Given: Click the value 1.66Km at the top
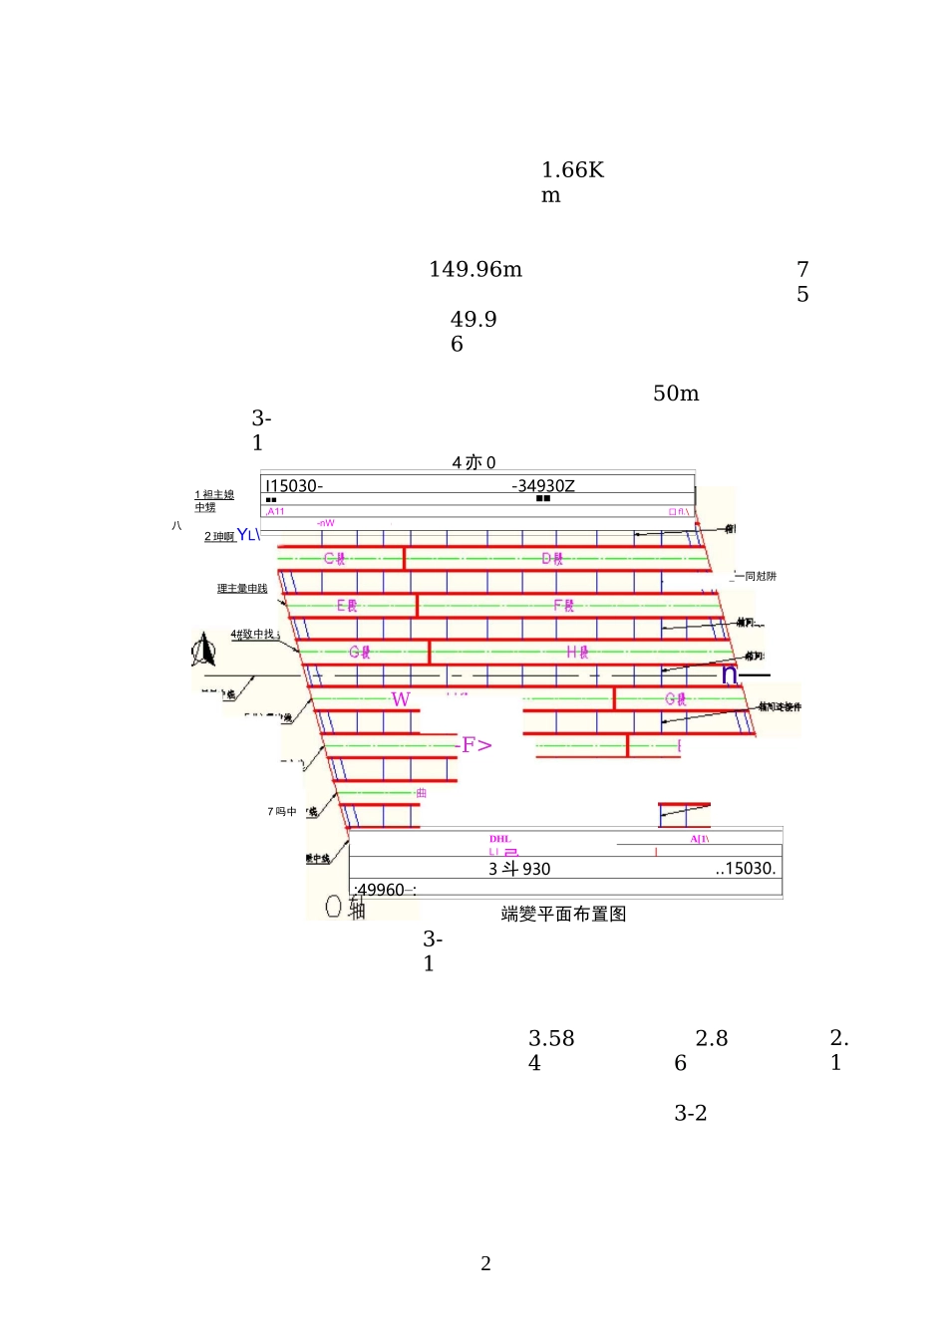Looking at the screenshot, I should click(572, 182).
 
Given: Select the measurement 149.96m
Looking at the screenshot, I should click(475, 270).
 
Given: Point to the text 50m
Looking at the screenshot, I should click(676, 394).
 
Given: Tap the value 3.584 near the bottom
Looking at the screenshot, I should click(550, 1050).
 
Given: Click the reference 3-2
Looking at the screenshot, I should click(690, 1114).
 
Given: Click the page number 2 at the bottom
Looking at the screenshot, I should click(485, 1264).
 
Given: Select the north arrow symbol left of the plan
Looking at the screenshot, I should click(203, 652).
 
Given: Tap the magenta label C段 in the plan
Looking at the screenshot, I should click(335, 559).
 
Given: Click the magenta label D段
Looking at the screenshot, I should click(552, 559).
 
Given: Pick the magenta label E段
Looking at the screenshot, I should click(347, 606).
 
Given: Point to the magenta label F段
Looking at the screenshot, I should click(564, 606).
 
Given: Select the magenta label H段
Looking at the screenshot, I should click(577, 653).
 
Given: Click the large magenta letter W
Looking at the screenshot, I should click(401, 699).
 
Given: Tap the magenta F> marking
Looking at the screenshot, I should click(476, 745).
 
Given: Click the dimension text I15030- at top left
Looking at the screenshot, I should click(293, 486).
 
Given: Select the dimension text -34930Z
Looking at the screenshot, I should click(543, 486).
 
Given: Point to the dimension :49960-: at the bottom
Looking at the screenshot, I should click(384, 890).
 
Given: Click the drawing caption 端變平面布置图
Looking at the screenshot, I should click(563, 914).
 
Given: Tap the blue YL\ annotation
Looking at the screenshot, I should click(248, 535).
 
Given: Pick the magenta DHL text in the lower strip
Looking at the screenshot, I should click(500, 839).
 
